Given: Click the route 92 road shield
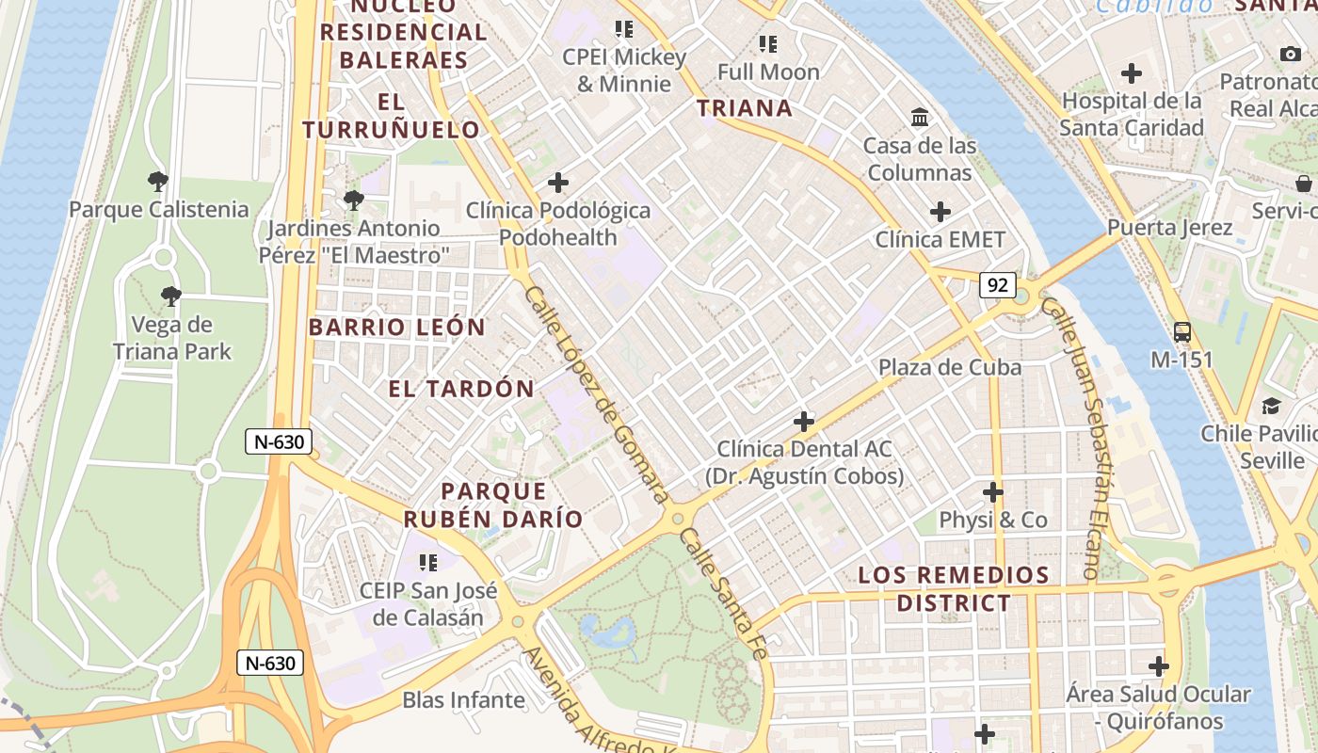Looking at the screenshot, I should click(996, 284).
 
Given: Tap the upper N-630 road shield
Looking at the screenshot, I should click(279, 441).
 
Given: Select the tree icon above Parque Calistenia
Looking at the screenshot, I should click(158, 181).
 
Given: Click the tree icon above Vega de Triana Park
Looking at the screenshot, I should click(170, 296).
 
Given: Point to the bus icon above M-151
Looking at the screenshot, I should click(1182, 331).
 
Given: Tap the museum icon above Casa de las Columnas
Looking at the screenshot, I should click(920, 118).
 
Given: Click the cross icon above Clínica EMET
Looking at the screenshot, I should click(940, 212).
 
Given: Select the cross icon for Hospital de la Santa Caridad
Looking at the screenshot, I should click(1132, 72).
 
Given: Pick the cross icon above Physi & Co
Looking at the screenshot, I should click(993, 491).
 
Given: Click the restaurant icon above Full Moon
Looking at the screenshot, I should click(768, 44).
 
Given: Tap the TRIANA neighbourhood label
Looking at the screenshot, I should click(745, 108).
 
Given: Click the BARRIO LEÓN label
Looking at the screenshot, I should click(396, 328).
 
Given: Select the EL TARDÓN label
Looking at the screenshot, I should click(461, 388).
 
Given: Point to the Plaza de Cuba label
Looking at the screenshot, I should click(949, 367).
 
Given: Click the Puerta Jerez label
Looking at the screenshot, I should click(1169, 228).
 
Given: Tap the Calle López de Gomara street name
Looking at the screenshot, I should click(595, 395).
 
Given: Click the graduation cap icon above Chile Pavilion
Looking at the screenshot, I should click(1271, 406).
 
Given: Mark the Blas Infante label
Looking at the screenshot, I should click(463, 700).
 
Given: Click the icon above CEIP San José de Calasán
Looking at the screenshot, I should click(428, 563).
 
